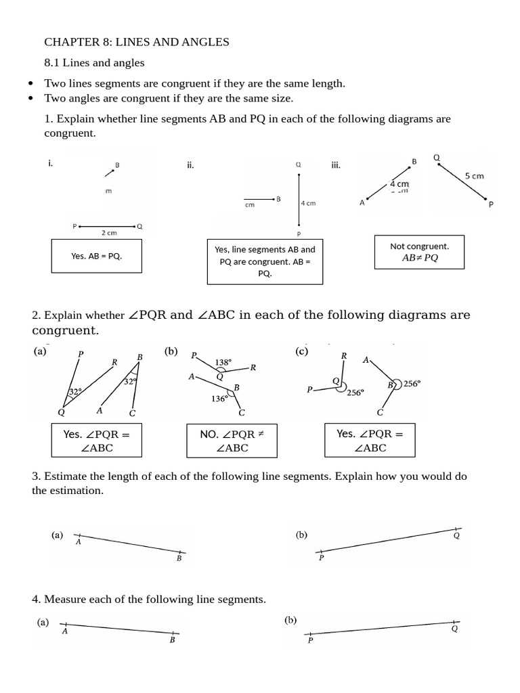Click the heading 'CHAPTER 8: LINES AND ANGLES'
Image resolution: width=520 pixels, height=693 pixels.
point(137,42)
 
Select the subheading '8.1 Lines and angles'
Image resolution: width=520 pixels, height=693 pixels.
point(94,63)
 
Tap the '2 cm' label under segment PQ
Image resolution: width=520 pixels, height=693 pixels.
point(108,233)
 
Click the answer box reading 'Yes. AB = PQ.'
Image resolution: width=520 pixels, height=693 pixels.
point(96,256)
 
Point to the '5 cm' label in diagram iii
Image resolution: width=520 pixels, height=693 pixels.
point(474,176)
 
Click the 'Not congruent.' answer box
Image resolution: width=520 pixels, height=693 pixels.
point(419,252)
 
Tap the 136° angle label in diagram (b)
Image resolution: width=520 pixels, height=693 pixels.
point(219,399)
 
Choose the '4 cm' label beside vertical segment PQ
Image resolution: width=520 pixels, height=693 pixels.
point(308,203)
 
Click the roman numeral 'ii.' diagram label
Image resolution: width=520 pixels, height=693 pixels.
point(190,164)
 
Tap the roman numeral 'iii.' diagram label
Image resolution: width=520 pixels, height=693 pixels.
point(335,164)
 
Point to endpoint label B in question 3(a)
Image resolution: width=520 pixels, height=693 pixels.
point(179,558)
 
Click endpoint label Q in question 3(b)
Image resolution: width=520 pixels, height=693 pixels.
point(456,535)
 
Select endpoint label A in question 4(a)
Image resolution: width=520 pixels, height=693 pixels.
point(64,631)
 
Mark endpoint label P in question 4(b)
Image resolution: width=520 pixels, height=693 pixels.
point(310,640)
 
